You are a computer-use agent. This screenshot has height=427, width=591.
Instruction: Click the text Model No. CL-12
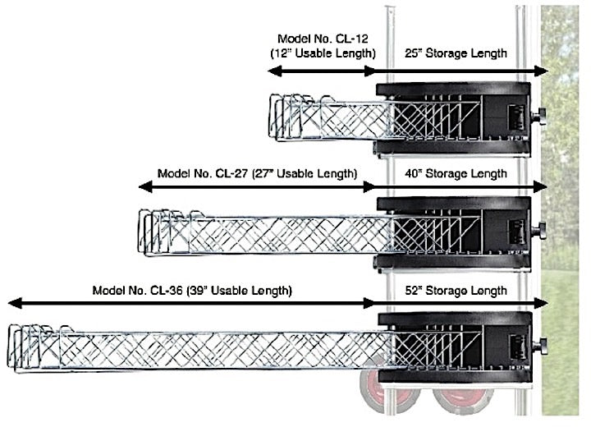pos(323,39)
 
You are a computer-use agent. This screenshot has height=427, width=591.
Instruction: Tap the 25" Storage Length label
pos(456,53)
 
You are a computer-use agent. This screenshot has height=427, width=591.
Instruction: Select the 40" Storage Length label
pos(456,174)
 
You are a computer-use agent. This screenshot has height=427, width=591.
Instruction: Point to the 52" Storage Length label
pos(456,291)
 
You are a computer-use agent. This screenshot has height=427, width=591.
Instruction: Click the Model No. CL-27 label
pos(203,173)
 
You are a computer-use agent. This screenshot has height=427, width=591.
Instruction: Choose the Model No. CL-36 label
pos(138,291)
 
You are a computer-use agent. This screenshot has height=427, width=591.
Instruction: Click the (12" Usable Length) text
pos(323,53)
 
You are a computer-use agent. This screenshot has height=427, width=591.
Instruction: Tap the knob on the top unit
pos(539,116)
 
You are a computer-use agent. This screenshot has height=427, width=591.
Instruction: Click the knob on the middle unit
pos(539,231)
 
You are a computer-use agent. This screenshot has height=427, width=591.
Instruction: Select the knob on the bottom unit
pos(540,347)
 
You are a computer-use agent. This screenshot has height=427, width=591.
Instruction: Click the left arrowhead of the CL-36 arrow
pos(15,303)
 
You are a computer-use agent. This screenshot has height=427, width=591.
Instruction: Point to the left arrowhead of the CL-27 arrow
pos(145,186)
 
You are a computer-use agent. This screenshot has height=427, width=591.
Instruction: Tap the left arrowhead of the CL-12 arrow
pos(274,71)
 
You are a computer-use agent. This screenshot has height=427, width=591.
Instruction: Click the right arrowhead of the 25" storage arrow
pos(541,71)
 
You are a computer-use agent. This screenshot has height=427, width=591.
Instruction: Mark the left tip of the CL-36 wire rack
pos(7,345)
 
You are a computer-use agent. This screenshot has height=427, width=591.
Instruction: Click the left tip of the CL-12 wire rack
pos(269,115)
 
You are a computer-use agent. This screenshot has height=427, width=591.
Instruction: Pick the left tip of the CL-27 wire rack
pos(139,230)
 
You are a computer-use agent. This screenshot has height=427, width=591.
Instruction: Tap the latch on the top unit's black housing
pos(516,117)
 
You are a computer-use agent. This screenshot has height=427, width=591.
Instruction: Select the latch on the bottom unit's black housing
pos(517,347)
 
